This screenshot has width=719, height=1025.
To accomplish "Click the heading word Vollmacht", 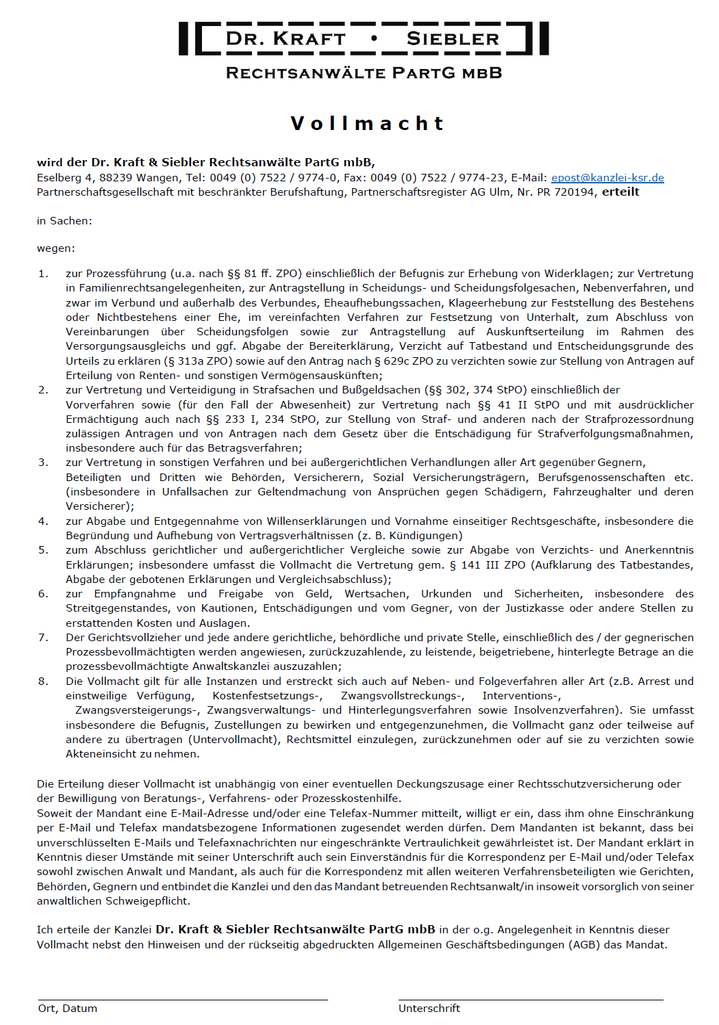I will coord(368,123).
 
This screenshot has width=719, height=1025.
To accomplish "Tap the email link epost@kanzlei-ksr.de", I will coord(607,178).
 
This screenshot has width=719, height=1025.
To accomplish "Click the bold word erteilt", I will coord(620,192).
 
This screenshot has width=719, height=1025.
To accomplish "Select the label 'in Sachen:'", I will coord(64,221).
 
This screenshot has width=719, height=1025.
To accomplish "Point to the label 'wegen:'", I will coord(56,248).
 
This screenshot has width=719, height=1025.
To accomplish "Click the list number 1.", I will coord(42,274).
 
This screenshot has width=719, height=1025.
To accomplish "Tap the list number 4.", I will coord(42,521).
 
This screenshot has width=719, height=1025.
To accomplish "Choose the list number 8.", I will coord(42,682).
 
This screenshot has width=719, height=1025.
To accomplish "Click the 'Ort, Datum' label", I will coord(68,1009).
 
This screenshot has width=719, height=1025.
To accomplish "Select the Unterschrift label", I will coord(429,1009).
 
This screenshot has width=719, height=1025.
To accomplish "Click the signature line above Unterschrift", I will coord(531,1000).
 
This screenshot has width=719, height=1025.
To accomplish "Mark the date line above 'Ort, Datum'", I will coord(183,1000).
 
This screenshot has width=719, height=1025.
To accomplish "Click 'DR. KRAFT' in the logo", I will coord(286,39).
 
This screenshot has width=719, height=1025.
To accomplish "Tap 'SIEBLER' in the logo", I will coord(453,39).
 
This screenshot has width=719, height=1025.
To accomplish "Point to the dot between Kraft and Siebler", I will coord(374,38).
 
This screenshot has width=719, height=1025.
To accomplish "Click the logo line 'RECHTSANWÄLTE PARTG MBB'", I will coord(364,73).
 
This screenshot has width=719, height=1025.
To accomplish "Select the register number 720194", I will coord(575,192).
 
